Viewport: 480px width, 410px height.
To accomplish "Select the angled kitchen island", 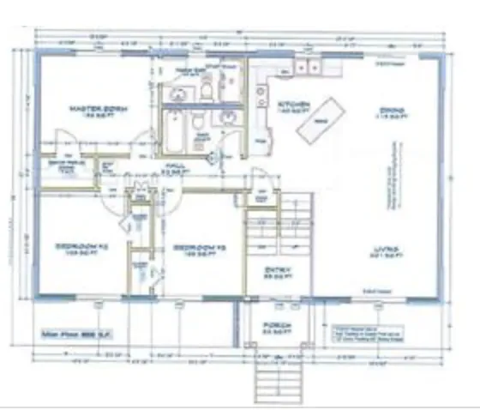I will [321, 123].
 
